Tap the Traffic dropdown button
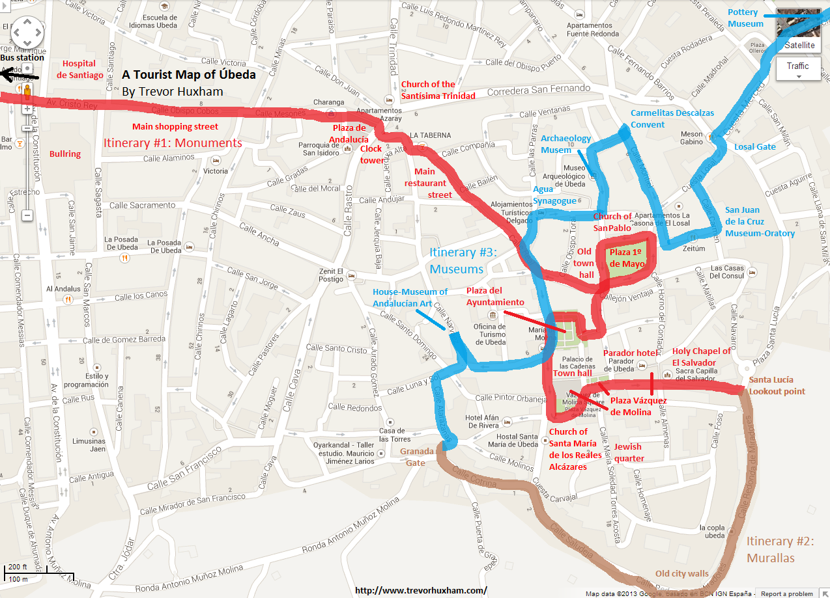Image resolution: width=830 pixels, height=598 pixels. [797, 68]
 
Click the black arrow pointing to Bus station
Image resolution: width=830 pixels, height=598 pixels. [20, 75]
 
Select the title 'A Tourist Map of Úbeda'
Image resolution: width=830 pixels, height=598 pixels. [188, 74]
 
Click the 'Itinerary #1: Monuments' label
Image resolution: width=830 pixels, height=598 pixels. [173, 143]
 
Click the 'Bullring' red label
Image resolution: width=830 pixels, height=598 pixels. [65, 154]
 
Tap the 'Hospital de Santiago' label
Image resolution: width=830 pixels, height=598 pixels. [79, 70]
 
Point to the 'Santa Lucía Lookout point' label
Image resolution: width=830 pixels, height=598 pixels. [777, 385]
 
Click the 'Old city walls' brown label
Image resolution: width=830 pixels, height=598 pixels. [681, 573]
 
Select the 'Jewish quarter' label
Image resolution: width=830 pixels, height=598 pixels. [628, 452]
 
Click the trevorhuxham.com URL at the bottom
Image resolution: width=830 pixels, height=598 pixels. [421, 590]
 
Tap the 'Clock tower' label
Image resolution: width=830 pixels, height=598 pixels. [371, 154]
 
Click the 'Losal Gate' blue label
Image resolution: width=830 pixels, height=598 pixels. [755, 146]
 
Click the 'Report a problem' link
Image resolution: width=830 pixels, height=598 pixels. [791, 593]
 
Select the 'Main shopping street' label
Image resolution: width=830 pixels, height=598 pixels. [175, 126]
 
